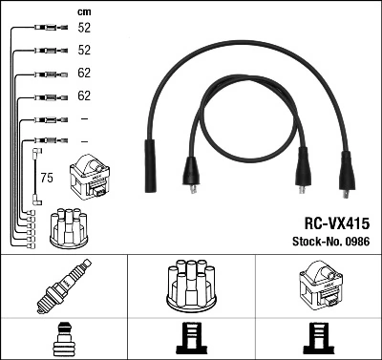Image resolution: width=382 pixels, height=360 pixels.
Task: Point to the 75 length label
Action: [x=46, y=178]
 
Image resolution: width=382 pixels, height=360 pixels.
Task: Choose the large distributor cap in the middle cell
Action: [x=191, y=286]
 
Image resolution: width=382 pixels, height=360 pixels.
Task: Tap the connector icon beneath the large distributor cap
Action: [x=191, y=340]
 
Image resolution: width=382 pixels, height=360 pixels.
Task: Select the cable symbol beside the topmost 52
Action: [x=42, y=29]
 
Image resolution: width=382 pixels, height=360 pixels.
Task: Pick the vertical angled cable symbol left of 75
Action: [x=37, y=172]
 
